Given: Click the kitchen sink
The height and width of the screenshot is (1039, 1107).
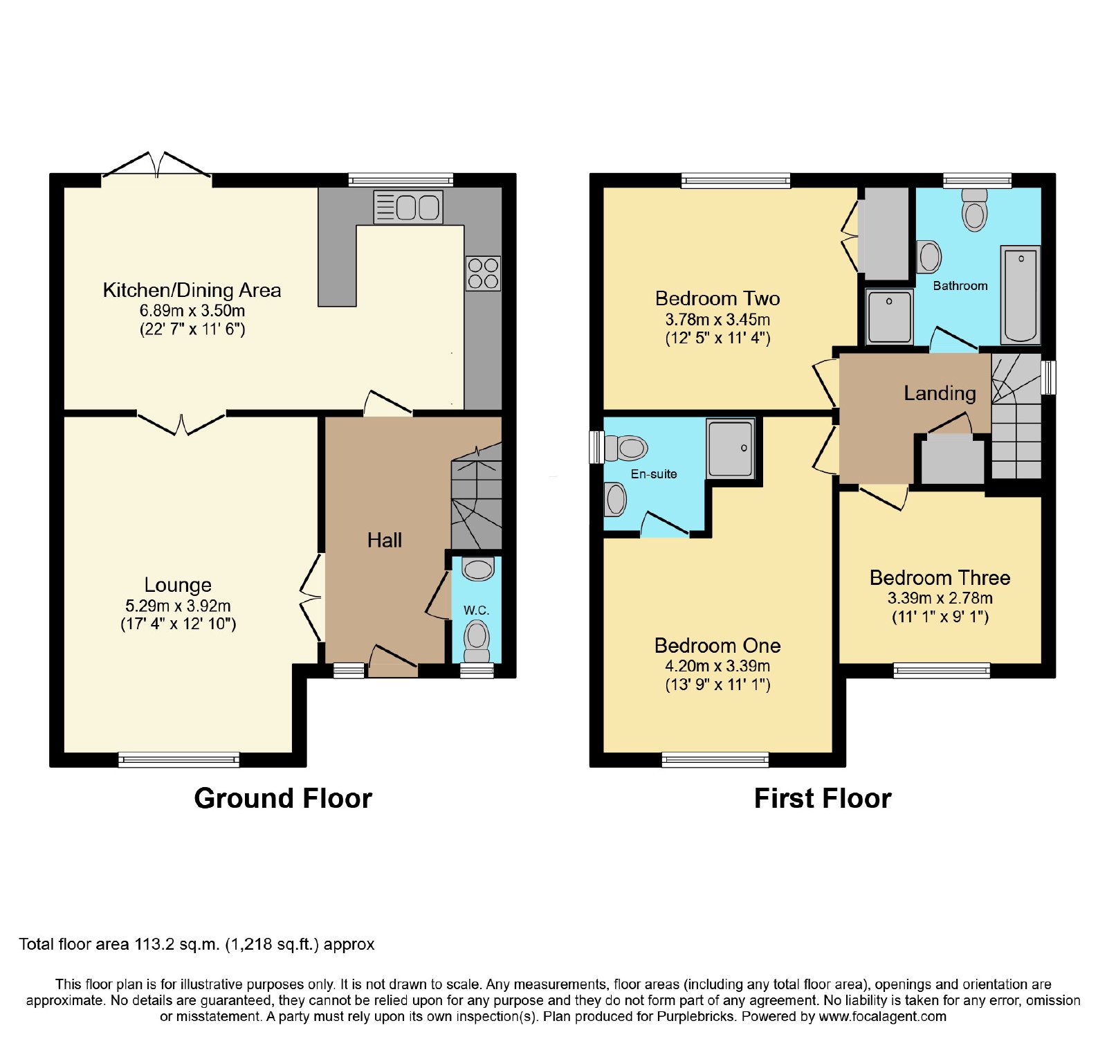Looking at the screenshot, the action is (408, 207).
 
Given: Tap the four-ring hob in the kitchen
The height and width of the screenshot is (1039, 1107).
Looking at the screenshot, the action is (483, 273).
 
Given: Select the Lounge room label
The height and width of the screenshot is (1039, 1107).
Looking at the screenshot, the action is (178, 585).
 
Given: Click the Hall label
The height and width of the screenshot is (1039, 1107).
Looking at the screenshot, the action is (385, 540).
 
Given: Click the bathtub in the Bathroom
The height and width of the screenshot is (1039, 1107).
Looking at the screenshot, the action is (1021, 295).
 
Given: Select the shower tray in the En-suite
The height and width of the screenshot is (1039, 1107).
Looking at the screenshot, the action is (730, 448).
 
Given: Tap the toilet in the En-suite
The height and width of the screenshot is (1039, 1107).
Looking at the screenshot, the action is (625, 448).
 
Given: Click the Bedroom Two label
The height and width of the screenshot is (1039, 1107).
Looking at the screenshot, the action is (717, 298).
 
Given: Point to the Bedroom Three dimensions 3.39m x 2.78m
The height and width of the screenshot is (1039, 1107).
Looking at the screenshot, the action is (940, 598).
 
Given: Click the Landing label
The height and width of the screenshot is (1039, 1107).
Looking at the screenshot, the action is (940, 393).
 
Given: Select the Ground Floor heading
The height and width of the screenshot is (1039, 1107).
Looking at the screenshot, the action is (283, 798).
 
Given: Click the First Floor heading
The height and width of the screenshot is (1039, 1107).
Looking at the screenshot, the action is (823, 798).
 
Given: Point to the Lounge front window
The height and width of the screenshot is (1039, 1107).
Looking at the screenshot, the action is (179, 759).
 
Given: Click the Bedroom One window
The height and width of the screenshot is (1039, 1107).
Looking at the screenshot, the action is (715, 759).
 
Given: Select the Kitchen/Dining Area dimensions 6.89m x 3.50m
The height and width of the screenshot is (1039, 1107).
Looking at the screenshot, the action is (192, 311).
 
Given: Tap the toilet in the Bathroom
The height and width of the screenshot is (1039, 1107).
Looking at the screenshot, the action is (975, 209).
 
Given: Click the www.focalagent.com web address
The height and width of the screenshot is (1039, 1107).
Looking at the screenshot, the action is (883, 1017).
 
